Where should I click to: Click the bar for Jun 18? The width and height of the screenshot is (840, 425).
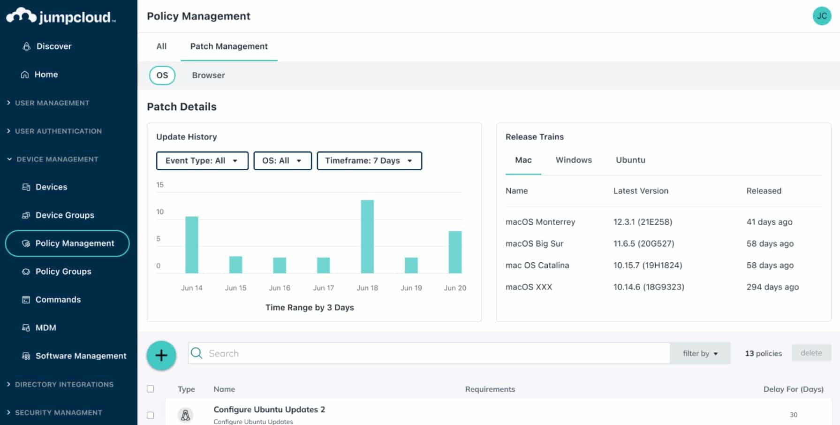click(x=367, y=236)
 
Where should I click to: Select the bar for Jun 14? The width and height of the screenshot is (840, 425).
click(x=192, y=244)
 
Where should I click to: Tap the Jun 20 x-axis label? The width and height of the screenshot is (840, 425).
click(x=455, y=288)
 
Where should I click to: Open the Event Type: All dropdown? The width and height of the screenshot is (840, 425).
click(x=202, y=160)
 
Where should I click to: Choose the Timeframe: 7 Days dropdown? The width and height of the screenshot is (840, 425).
click(x=369, y=160)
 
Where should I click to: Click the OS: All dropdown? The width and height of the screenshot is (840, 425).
click(x=282, y=160)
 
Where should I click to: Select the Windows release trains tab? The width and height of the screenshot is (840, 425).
click(x=574, y=160)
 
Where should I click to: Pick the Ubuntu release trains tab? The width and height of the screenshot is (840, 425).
click(x=630, y=160)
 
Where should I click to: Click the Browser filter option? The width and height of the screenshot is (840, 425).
click(x=208, y=75)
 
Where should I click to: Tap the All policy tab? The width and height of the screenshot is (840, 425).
click(x=161, y=46)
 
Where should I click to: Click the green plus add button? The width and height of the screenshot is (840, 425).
click(x=161, y=355)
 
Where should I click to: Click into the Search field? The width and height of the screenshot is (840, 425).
click(x=429, y=353)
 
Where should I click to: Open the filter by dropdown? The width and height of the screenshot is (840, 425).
click(x=700, y=353)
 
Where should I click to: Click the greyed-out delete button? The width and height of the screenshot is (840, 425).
click(x=811, y=353)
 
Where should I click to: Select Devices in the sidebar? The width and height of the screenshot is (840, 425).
click(x=51, y=187)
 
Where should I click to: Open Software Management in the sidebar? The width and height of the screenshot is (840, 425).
click(x=81, y=356)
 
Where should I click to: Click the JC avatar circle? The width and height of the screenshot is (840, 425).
click(x=822, y=16)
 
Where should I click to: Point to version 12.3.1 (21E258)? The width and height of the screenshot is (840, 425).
click(x=643, y=222)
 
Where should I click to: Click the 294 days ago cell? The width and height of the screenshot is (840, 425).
click(x=772, y=287)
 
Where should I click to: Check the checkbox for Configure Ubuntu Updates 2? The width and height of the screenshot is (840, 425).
click(x=150, y=415)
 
